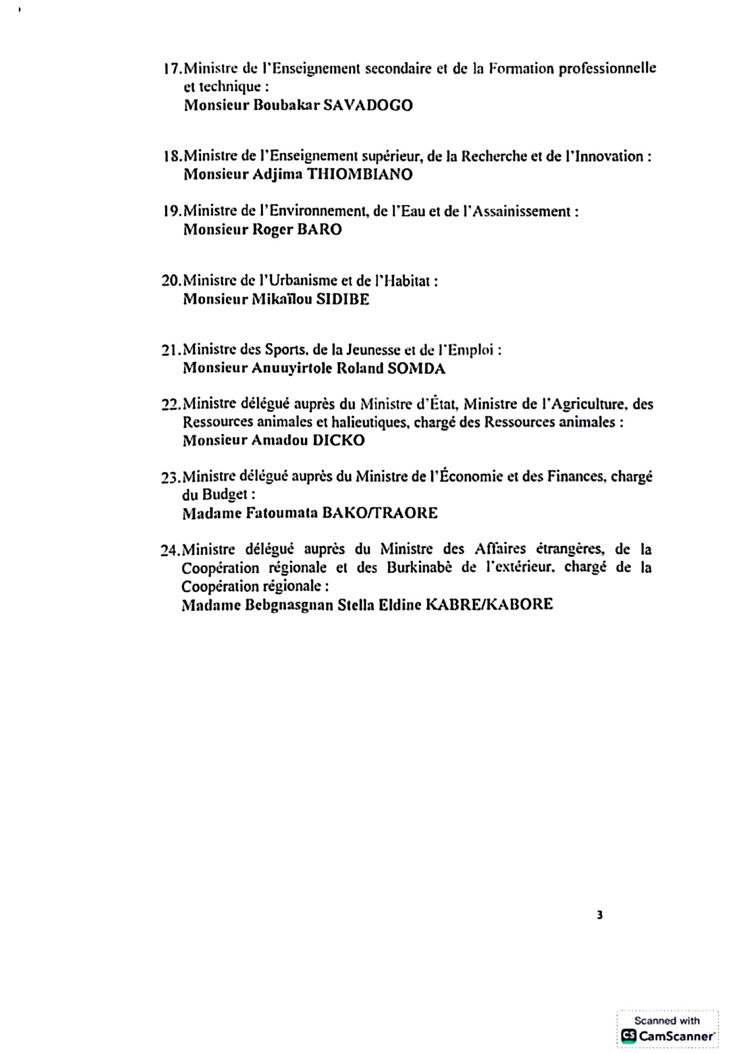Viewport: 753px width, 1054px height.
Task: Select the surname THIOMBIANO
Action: tap(360, 175)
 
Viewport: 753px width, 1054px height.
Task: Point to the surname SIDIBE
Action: tap(342, 299)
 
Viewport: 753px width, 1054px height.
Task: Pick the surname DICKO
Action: tap(338, 441)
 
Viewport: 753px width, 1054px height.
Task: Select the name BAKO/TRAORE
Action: tap(379, 514)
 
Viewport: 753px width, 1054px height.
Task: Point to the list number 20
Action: tap(170, 281)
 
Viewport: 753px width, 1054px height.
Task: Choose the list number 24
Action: tap(169, 551)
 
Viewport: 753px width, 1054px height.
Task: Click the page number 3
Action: tap(600, 916)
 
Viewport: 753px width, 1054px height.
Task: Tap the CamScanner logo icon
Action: tap(628, 1036)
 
